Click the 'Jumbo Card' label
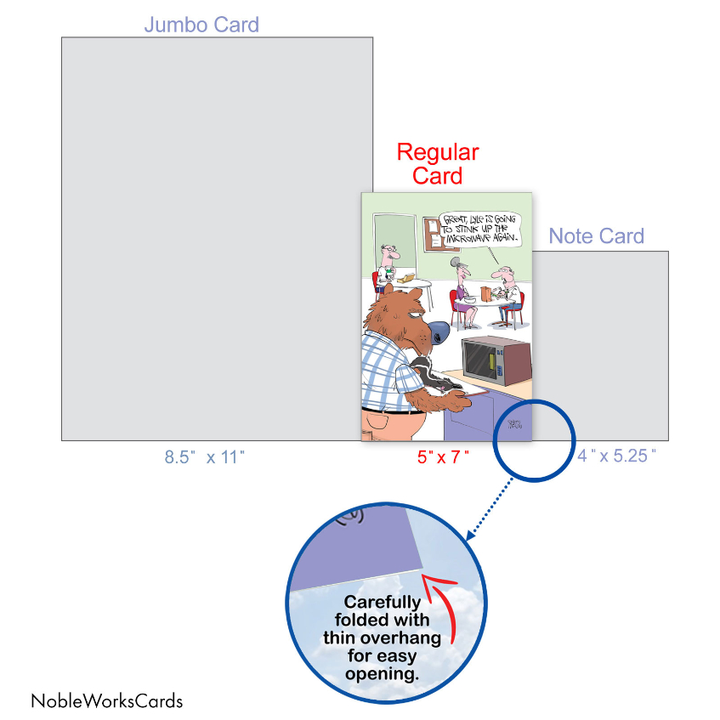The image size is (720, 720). pos(201,25)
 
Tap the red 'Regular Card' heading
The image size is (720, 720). pos(438,164)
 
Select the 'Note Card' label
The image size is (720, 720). pos(597,236)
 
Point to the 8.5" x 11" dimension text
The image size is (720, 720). pos(205,457)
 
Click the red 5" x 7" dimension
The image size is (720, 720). pos(443,456)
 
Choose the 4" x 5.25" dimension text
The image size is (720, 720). pos(616,456)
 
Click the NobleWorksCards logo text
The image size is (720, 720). pos(107,701)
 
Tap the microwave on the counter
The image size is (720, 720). pos(496,360)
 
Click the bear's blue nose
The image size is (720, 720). pos(438,332)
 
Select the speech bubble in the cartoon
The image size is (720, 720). pos(479,230)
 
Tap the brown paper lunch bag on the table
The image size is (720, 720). pos(485,293)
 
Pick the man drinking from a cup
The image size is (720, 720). pos(387,266)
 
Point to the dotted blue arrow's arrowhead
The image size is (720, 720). pos(471,536)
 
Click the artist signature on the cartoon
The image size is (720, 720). pos(515,424)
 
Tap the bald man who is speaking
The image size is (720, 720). pos(507,294)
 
